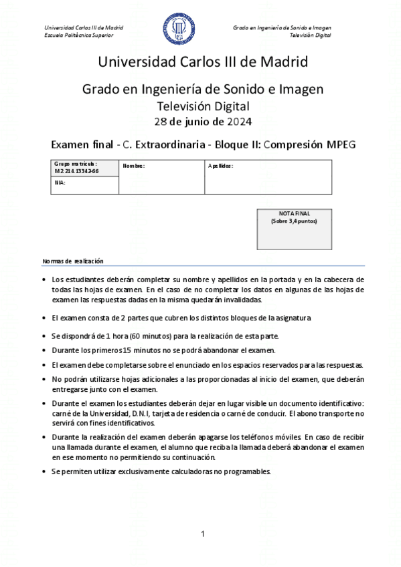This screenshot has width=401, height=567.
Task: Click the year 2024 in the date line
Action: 240,121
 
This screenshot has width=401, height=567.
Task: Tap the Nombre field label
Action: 134,166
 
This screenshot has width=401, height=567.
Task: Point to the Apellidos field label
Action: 220,166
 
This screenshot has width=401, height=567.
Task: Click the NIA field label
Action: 60,182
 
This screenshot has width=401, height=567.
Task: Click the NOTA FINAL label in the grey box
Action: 294,214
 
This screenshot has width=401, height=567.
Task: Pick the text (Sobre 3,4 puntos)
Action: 294,221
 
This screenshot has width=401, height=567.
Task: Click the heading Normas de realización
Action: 74,260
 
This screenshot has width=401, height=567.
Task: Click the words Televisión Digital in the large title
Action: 202,106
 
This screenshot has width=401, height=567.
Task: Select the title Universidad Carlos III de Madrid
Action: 202,63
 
